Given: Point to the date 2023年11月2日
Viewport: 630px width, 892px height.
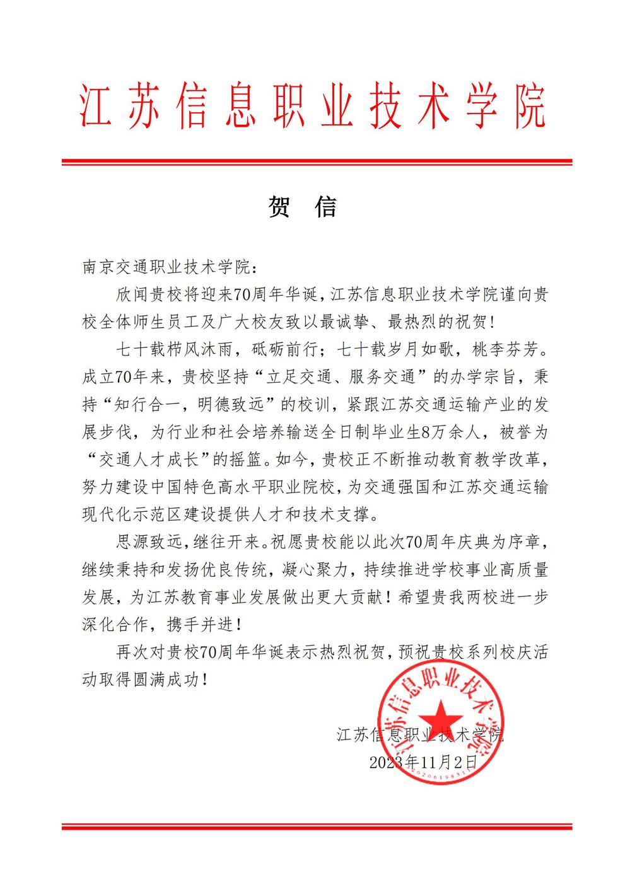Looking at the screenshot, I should (423, 761).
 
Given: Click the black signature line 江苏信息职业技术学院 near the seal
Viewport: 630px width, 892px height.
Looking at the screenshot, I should (421, 734).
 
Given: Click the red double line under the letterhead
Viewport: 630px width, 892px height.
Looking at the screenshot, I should (317, 163).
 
